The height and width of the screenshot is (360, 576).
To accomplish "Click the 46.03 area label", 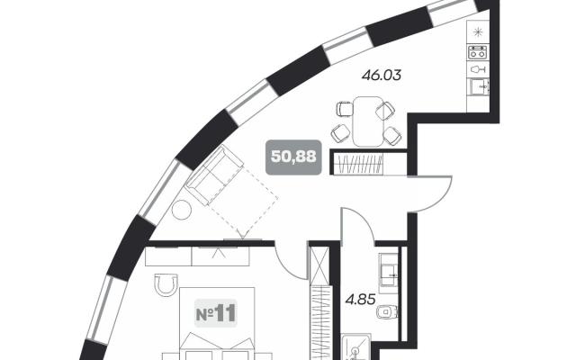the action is click(382, 76).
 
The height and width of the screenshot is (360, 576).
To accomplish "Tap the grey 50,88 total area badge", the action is click(293, 157).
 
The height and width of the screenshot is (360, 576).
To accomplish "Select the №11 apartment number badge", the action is click(216, 313).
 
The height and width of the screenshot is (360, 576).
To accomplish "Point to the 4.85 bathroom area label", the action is click(360, 300).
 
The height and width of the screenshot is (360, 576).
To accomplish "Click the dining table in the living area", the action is click(368, 121).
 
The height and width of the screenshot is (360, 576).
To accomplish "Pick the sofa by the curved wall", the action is click(214, 175).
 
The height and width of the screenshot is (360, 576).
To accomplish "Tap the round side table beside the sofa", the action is click(182, 210).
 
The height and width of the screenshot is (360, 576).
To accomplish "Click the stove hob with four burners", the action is click(478, 52).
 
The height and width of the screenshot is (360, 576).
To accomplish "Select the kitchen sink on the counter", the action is click(480, 87).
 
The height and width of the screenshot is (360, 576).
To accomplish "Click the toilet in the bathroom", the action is click(387, 312).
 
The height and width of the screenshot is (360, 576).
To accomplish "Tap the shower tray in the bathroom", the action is click(355, 346).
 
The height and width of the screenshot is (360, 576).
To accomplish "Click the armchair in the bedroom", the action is click(166, 284).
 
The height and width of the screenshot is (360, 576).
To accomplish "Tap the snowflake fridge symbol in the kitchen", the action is click(478, 32).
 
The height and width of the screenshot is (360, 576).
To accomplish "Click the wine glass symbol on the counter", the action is click(478, 69).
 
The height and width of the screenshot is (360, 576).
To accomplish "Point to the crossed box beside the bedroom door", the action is click(319, 265).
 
